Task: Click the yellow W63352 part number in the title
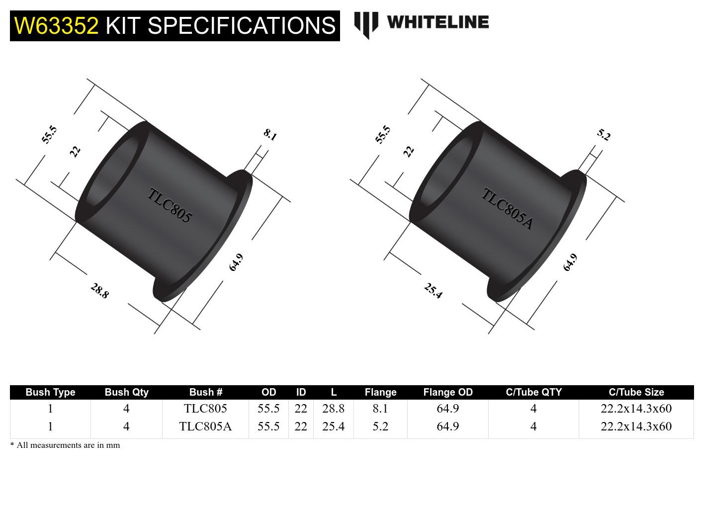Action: (x=57, y=25)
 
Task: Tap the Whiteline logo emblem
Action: (x=365, y=24)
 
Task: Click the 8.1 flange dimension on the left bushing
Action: (x=270, y=135)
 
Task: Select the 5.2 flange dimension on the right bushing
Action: (x=604, y=135)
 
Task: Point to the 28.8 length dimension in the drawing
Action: (x=99, y=291)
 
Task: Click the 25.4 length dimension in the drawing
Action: (x=433, y=291)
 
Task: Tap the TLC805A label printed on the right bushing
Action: (x=507, y=209)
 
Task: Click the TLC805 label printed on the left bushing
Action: (x=170, y=205)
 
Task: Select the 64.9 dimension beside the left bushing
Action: (x=236, y=262)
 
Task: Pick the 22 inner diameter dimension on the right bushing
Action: (x=409, y=151)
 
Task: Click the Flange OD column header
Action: (x=447, y=392)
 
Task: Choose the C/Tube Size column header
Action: (x=636, y=392)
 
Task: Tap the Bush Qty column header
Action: (x=126, y=392)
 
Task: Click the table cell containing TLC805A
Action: (x=205, y=426)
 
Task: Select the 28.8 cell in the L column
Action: (x=333, y=409)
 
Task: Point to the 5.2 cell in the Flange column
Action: (x=380, y=426)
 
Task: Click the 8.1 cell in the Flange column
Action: (x=380, y=409)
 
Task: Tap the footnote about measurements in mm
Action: (x=65, y=445)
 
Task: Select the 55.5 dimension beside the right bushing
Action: (x=383, y=135)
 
